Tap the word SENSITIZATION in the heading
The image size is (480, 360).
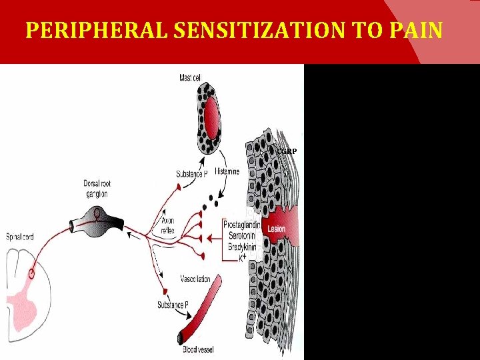234,31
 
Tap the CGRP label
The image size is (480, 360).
287,151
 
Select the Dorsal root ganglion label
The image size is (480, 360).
97,189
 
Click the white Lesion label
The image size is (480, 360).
276,229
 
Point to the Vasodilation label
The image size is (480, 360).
195,279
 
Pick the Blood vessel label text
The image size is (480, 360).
199,349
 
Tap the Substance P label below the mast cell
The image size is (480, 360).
191,173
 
